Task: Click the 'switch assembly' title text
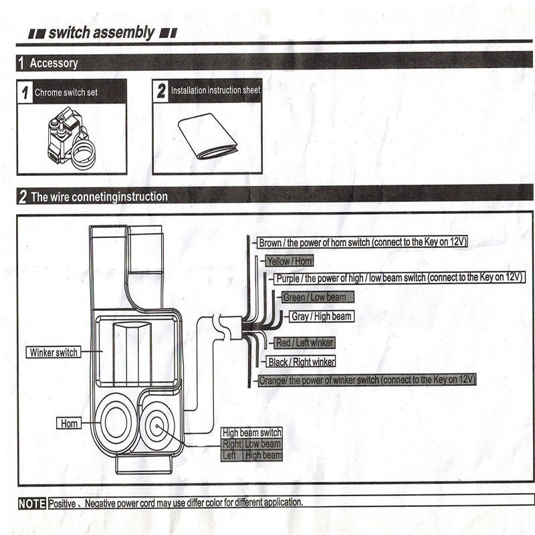pos(101,32)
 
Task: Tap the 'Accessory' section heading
pos(53,64)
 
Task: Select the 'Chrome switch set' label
pos(66,92)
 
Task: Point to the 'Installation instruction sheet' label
pos(215,90)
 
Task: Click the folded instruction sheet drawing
pos(208,136)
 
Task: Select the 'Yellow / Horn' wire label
pos(289,261)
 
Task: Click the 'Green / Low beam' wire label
pos(314,297)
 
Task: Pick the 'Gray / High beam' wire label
pos(321,316)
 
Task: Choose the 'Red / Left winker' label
pos(304,342)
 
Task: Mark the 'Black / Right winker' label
pos(301,362)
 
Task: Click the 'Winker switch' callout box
pos(53,352)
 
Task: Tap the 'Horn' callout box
pos(70,423)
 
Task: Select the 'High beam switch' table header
pos(251,433)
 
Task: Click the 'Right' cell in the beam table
pos(231,444)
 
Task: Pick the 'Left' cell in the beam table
pos(229,455)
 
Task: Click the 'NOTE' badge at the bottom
pos(31,502)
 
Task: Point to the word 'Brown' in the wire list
pos(270,243)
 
